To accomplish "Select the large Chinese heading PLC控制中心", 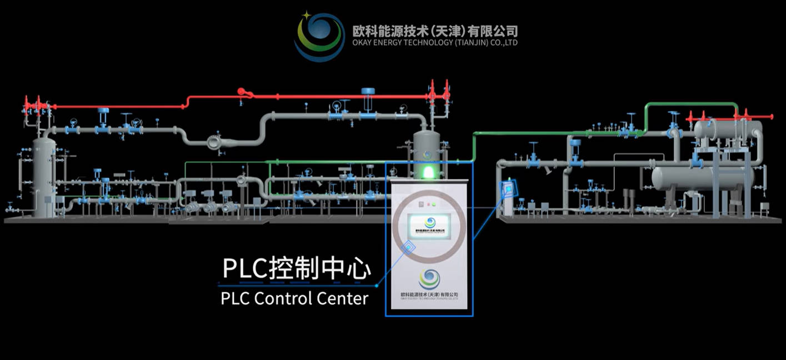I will point(296,268).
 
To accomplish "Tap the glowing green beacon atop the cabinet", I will point(429,172).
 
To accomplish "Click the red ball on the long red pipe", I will point(241,92).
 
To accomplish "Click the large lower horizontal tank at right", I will point(703,178).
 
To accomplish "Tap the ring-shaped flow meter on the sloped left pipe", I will point(214,142).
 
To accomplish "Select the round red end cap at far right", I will point(772,117).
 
